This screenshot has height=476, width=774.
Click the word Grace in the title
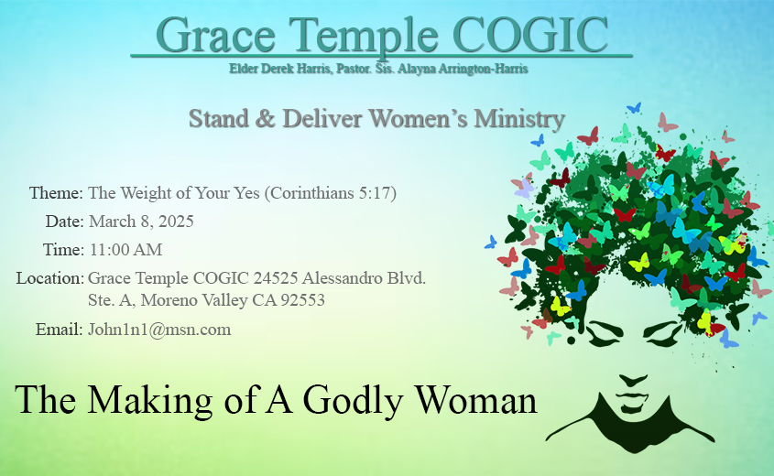point(216,36)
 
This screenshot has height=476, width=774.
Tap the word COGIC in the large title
point(529,35)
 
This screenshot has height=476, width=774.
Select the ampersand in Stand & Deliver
point(266,119)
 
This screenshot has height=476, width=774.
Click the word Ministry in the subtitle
point(519,119)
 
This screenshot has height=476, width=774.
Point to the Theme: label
point(56,192)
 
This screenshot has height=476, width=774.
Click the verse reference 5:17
point(377,193)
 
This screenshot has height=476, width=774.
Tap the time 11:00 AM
point(125,250)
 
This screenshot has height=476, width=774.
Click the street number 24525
point(276,278)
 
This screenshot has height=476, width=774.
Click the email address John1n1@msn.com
point(159,329)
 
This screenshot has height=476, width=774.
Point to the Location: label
point(49,278)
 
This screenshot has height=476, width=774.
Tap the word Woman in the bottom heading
point(476,399)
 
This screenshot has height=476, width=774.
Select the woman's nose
point(632,380)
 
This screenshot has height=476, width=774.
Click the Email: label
point(59,329)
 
